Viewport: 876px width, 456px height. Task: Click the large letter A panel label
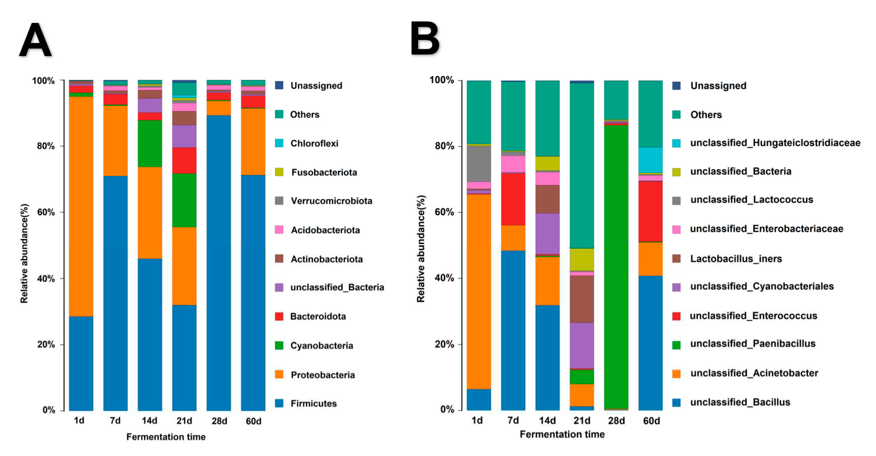point(36,40)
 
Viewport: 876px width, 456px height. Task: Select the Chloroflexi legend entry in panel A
point(314,143)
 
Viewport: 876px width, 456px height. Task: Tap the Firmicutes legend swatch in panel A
point(279,403)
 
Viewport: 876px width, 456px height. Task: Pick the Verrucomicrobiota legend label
point(331,201)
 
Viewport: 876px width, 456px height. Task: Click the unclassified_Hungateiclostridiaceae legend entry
point(775,143)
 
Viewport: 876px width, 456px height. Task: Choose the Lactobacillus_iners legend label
point(736,259)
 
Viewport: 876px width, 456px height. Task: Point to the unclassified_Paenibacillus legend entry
point(753,344)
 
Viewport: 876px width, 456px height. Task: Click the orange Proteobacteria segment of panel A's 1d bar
point(81,206)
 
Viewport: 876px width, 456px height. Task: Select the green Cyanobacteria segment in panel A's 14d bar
point(150,143)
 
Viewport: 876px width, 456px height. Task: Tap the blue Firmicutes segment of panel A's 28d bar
point(218,262)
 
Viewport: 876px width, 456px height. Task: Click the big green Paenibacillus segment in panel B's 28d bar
point(616,265)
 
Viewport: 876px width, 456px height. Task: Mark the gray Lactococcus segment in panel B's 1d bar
point(478,163)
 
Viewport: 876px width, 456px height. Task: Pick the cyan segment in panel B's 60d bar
point(650,160)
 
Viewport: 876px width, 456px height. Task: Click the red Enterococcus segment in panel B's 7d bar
point(513,199)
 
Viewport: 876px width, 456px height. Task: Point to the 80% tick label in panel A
point(46,146)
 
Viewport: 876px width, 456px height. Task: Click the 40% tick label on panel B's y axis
point(444,278)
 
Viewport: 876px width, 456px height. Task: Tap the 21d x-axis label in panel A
point(184,421)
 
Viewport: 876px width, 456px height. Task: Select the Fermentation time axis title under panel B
point(562,434)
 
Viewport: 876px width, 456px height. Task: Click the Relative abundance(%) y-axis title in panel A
point(24,253)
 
